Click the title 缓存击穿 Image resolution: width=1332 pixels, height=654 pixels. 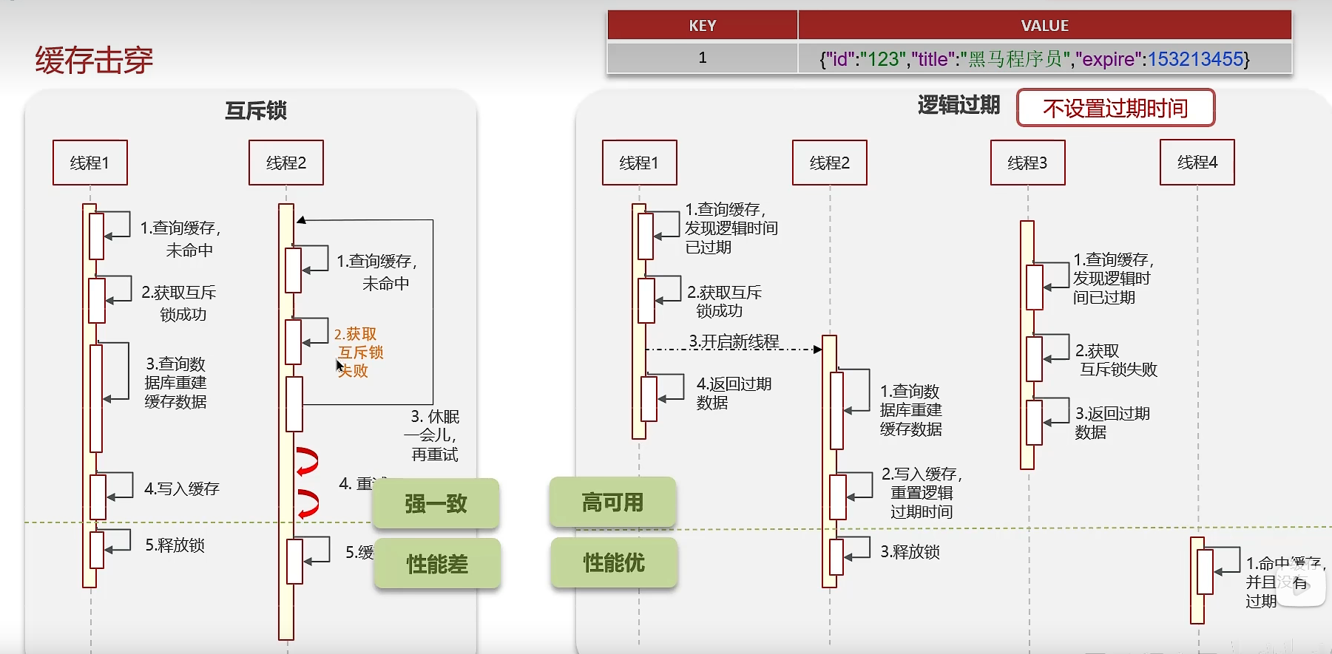pyautogui.click(x=94, y=60)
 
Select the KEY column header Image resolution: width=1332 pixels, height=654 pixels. pyautogui.click(x=702, y=26)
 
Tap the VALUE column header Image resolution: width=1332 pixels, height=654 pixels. pyautogui.click(x=1044, y=26)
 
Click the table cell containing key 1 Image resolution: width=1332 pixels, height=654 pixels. pyautogui.click(x=702, y=58)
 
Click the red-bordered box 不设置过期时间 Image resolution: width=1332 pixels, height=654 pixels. pyautogui.click(x=1115, y=109)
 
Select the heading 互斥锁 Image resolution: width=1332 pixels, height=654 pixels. pyautogui.click(x=256, y=111)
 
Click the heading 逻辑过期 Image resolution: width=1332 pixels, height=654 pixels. pyautogui.click(x=959, y=105)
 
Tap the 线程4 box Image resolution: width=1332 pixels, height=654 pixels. pyautogui.click(x=1197, y=163)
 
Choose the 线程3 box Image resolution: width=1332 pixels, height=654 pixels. pyautogui.click(x=1027, y=163)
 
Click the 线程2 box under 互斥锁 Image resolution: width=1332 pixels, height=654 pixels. pyautogui.click(x=286, y=163)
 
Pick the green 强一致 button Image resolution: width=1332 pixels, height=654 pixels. pyautogui.click(x=436, y=504)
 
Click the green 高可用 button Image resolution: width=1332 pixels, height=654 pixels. pyautogui.click(x=612, y=503)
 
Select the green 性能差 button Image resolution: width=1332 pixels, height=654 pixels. pyautogui.click(x=437, y=565)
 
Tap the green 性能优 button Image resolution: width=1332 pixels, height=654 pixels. pyautogui.click(x=614, y=563)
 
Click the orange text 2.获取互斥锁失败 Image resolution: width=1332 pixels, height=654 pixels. pyautogui.click(x=359, y=352)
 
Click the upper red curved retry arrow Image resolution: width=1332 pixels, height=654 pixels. pyautogui.click(x=307, y=461)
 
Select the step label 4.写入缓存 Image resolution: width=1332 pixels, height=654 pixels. pyautogui.click(x=182, y=488)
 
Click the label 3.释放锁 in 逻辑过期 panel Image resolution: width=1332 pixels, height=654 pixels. pyautogui.click(x=910, y=552)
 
